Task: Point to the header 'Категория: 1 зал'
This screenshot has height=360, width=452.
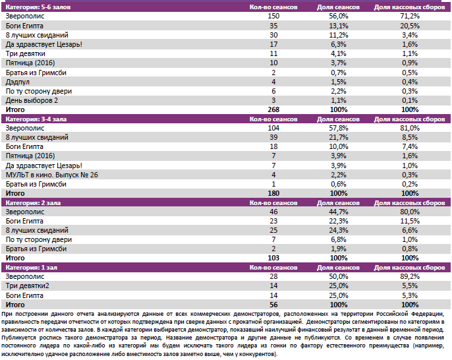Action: point(30,268)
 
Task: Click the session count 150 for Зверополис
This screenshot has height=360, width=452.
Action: point(274,15)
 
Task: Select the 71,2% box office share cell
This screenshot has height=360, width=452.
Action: point(409,15)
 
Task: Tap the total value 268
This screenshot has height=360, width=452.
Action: point(274,109)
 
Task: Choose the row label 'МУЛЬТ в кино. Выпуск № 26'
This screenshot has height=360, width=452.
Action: point(52,174)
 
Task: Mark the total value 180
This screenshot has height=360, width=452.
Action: point(274,194)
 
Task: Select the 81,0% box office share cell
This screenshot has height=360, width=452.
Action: point(409,127)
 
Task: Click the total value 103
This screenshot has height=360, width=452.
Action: point(274,259)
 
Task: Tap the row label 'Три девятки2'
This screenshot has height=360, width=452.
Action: point(28,287)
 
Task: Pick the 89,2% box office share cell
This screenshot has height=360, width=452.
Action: point(409,278)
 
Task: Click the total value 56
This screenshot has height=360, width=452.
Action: point(274,306)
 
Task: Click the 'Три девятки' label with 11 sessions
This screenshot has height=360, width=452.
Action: point(25,53)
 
